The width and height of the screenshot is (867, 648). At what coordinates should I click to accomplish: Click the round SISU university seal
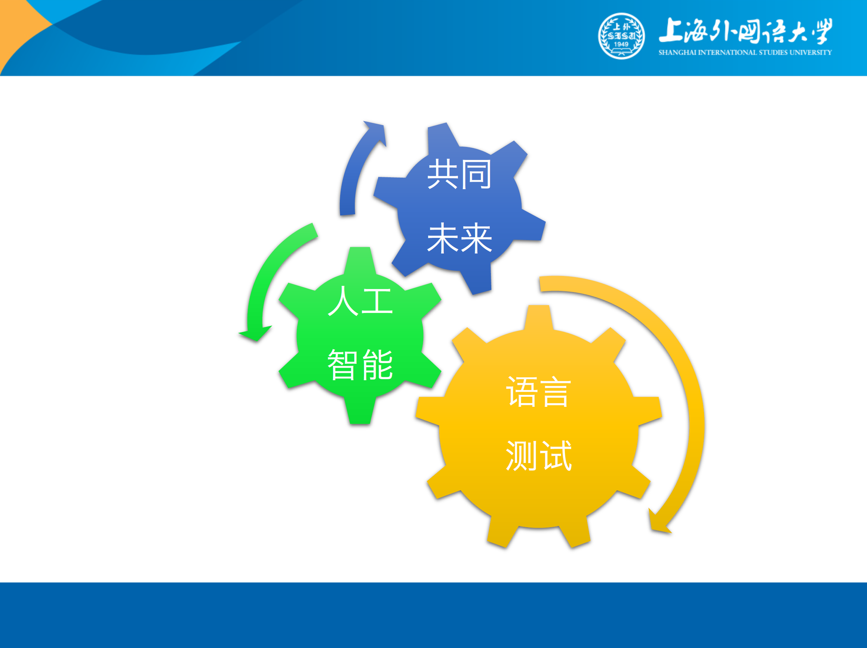621,36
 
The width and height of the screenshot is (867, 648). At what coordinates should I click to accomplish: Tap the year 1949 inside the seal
621,44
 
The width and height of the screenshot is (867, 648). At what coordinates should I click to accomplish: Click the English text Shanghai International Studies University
745,52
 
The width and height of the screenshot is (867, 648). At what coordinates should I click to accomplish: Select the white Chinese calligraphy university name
745,31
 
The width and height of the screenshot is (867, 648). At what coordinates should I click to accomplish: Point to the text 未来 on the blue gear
459,238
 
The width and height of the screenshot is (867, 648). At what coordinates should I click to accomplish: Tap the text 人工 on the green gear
360,301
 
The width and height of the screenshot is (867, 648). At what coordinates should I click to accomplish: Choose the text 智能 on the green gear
360,365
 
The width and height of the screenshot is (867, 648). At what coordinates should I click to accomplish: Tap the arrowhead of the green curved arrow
255,333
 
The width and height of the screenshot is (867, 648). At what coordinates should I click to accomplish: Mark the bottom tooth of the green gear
360,411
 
